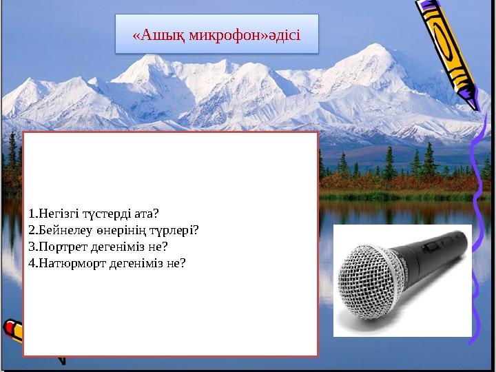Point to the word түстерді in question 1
109,213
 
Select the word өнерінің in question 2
118,229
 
